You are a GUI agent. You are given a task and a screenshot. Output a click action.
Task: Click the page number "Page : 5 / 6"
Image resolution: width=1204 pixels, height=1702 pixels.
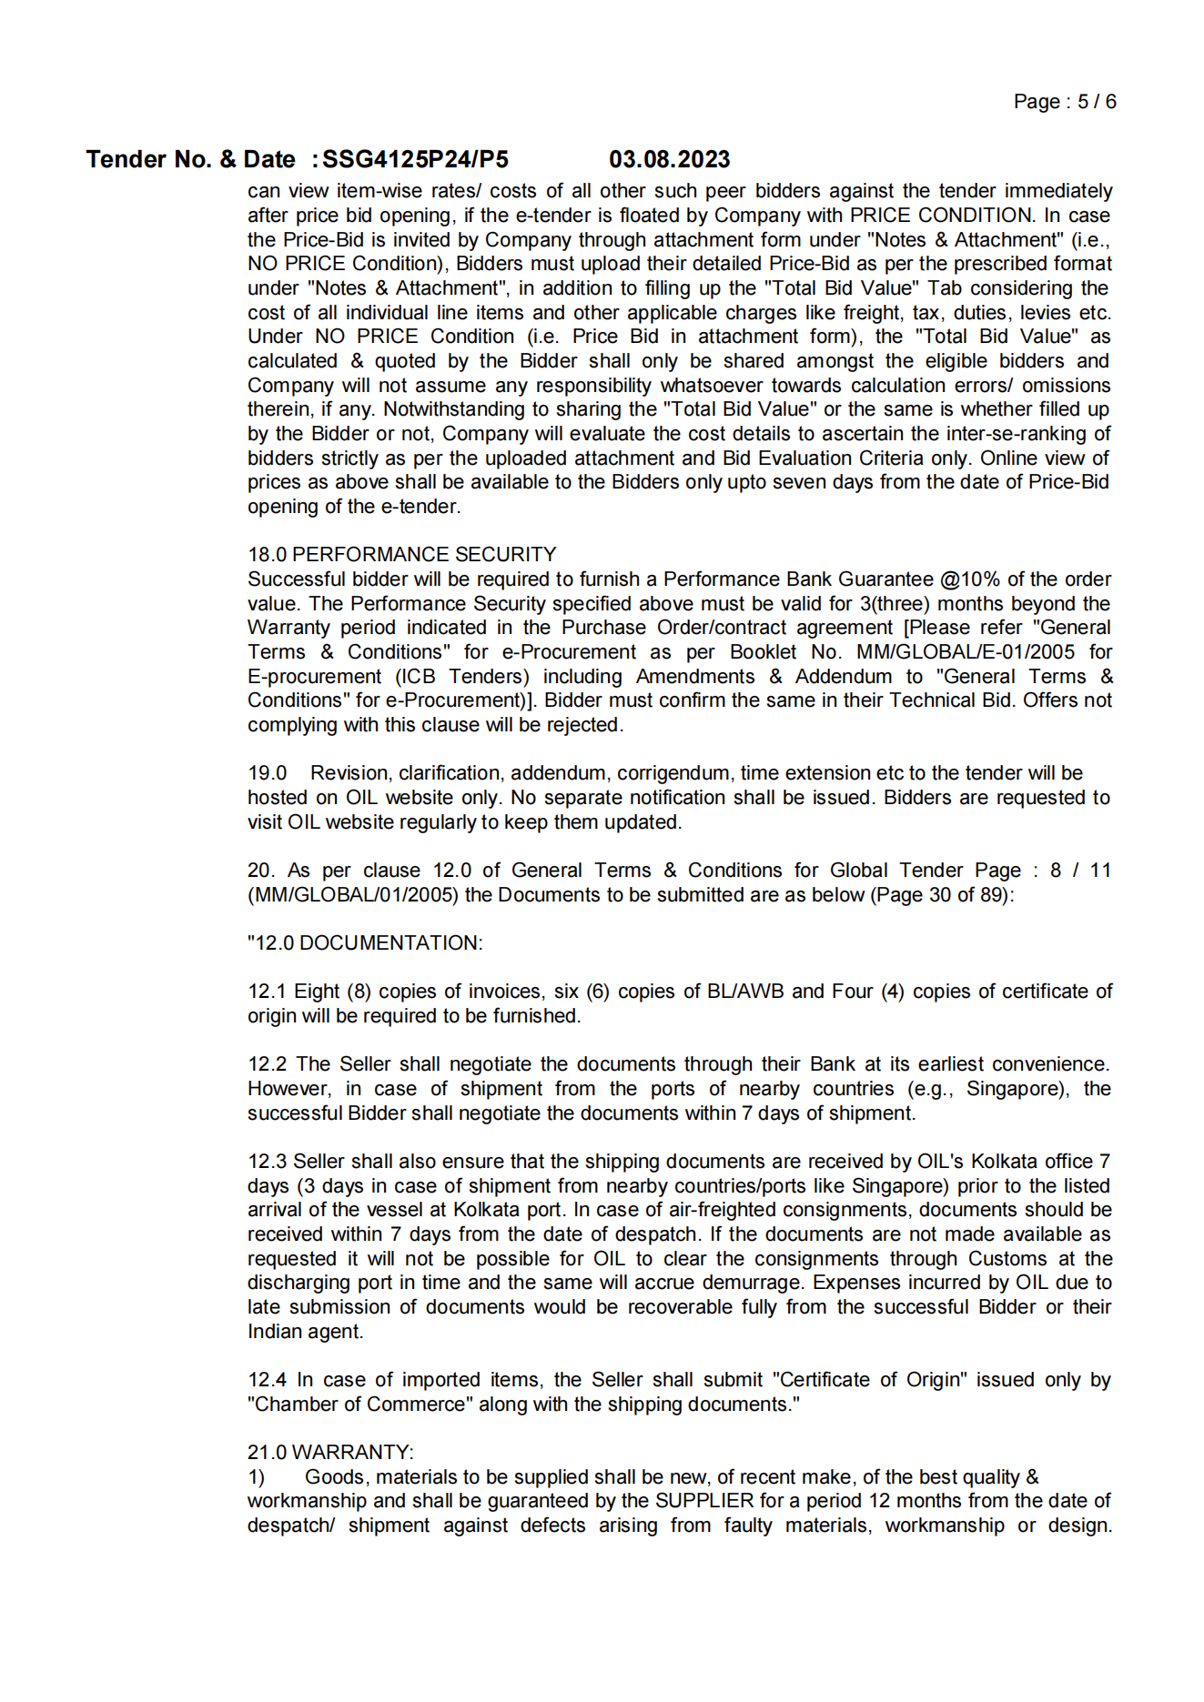coord(1064,102)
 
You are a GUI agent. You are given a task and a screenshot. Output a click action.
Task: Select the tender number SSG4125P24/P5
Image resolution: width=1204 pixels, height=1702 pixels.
coord(415,160)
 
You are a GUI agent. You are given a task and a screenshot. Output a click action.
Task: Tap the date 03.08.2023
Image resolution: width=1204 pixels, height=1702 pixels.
coord(669,160)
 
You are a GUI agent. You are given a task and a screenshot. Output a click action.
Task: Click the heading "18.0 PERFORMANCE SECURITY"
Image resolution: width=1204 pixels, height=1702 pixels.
coord(401,555)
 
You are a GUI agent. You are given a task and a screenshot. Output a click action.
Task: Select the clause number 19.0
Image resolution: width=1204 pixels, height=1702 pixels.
coord(267,773)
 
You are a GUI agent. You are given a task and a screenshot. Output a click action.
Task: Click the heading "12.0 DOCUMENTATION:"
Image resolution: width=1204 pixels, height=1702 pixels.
coord(365,943)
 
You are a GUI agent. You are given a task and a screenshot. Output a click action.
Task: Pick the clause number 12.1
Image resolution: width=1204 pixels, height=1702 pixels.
coord(266,992)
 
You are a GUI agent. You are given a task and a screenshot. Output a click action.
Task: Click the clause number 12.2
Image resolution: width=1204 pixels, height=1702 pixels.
coord(267,1064)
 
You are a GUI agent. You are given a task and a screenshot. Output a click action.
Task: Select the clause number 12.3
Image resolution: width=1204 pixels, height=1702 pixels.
coord(267,1162)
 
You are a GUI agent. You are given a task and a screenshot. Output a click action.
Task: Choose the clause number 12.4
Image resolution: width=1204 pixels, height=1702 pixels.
coord(267,1380)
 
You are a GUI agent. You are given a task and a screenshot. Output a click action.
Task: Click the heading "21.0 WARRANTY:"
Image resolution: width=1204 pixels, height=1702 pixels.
coord(330,1453)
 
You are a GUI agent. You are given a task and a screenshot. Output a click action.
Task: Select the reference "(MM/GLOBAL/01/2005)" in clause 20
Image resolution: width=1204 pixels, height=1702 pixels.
coord(352,895)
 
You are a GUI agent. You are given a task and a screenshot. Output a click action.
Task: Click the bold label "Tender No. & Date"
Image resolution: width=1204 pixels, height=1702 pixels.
coord(190,160)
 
